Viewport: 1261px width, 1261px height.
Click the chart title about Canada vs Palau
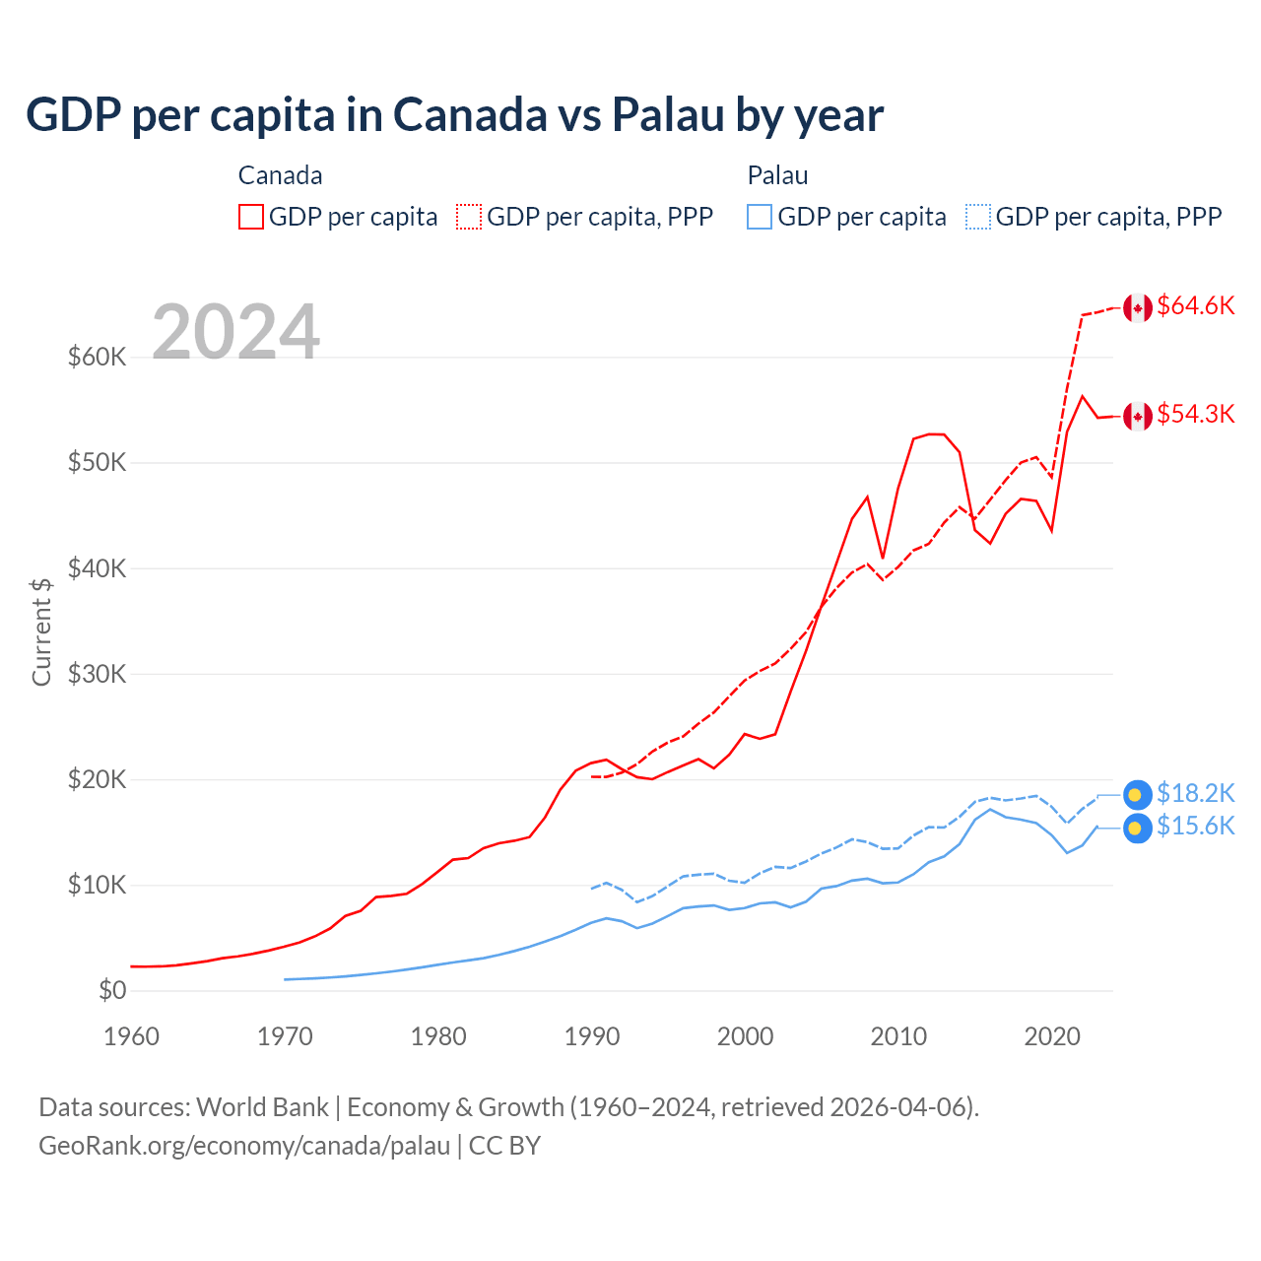454,115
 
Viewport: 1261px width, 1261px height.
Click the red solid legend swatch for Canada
251,217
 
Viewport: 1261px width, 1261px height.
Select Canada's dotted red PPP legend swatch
469,217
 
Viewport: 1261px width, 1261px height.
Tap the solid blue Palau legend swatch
760,217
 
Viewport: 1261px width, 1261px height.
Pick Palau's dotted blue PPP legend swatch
978,217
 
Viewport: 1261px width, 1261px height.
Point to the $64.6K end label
1195,306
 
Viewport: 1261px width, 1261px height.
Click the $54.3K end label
1195,415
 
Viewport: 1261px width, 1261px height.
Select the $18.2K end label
1195,794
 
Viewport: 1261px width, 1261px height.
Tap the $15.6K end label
1195,827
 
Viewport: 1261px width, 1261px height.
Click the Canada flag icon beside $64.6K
1138,308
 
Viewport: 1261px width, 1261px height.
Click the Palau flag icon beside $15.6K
1137,829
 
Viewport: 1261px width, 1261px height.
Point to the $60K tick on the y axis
97,357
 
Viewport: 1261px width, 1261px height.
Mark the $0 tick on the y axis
112,991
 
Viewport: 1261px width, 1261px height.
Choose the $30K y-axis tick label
97,674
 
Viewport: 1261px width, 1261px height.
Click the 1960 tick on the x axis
131,1036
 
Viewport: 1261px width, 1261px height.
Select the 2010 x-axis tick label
898,1036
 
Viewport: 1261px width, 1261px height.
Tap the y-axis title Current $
41,631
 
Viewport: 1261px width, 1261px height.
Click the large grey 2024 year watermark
235,332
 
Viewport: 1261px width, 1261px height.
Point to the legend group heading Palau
777,175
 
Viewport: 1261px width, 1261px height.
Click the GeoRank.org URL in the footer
244,1146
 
